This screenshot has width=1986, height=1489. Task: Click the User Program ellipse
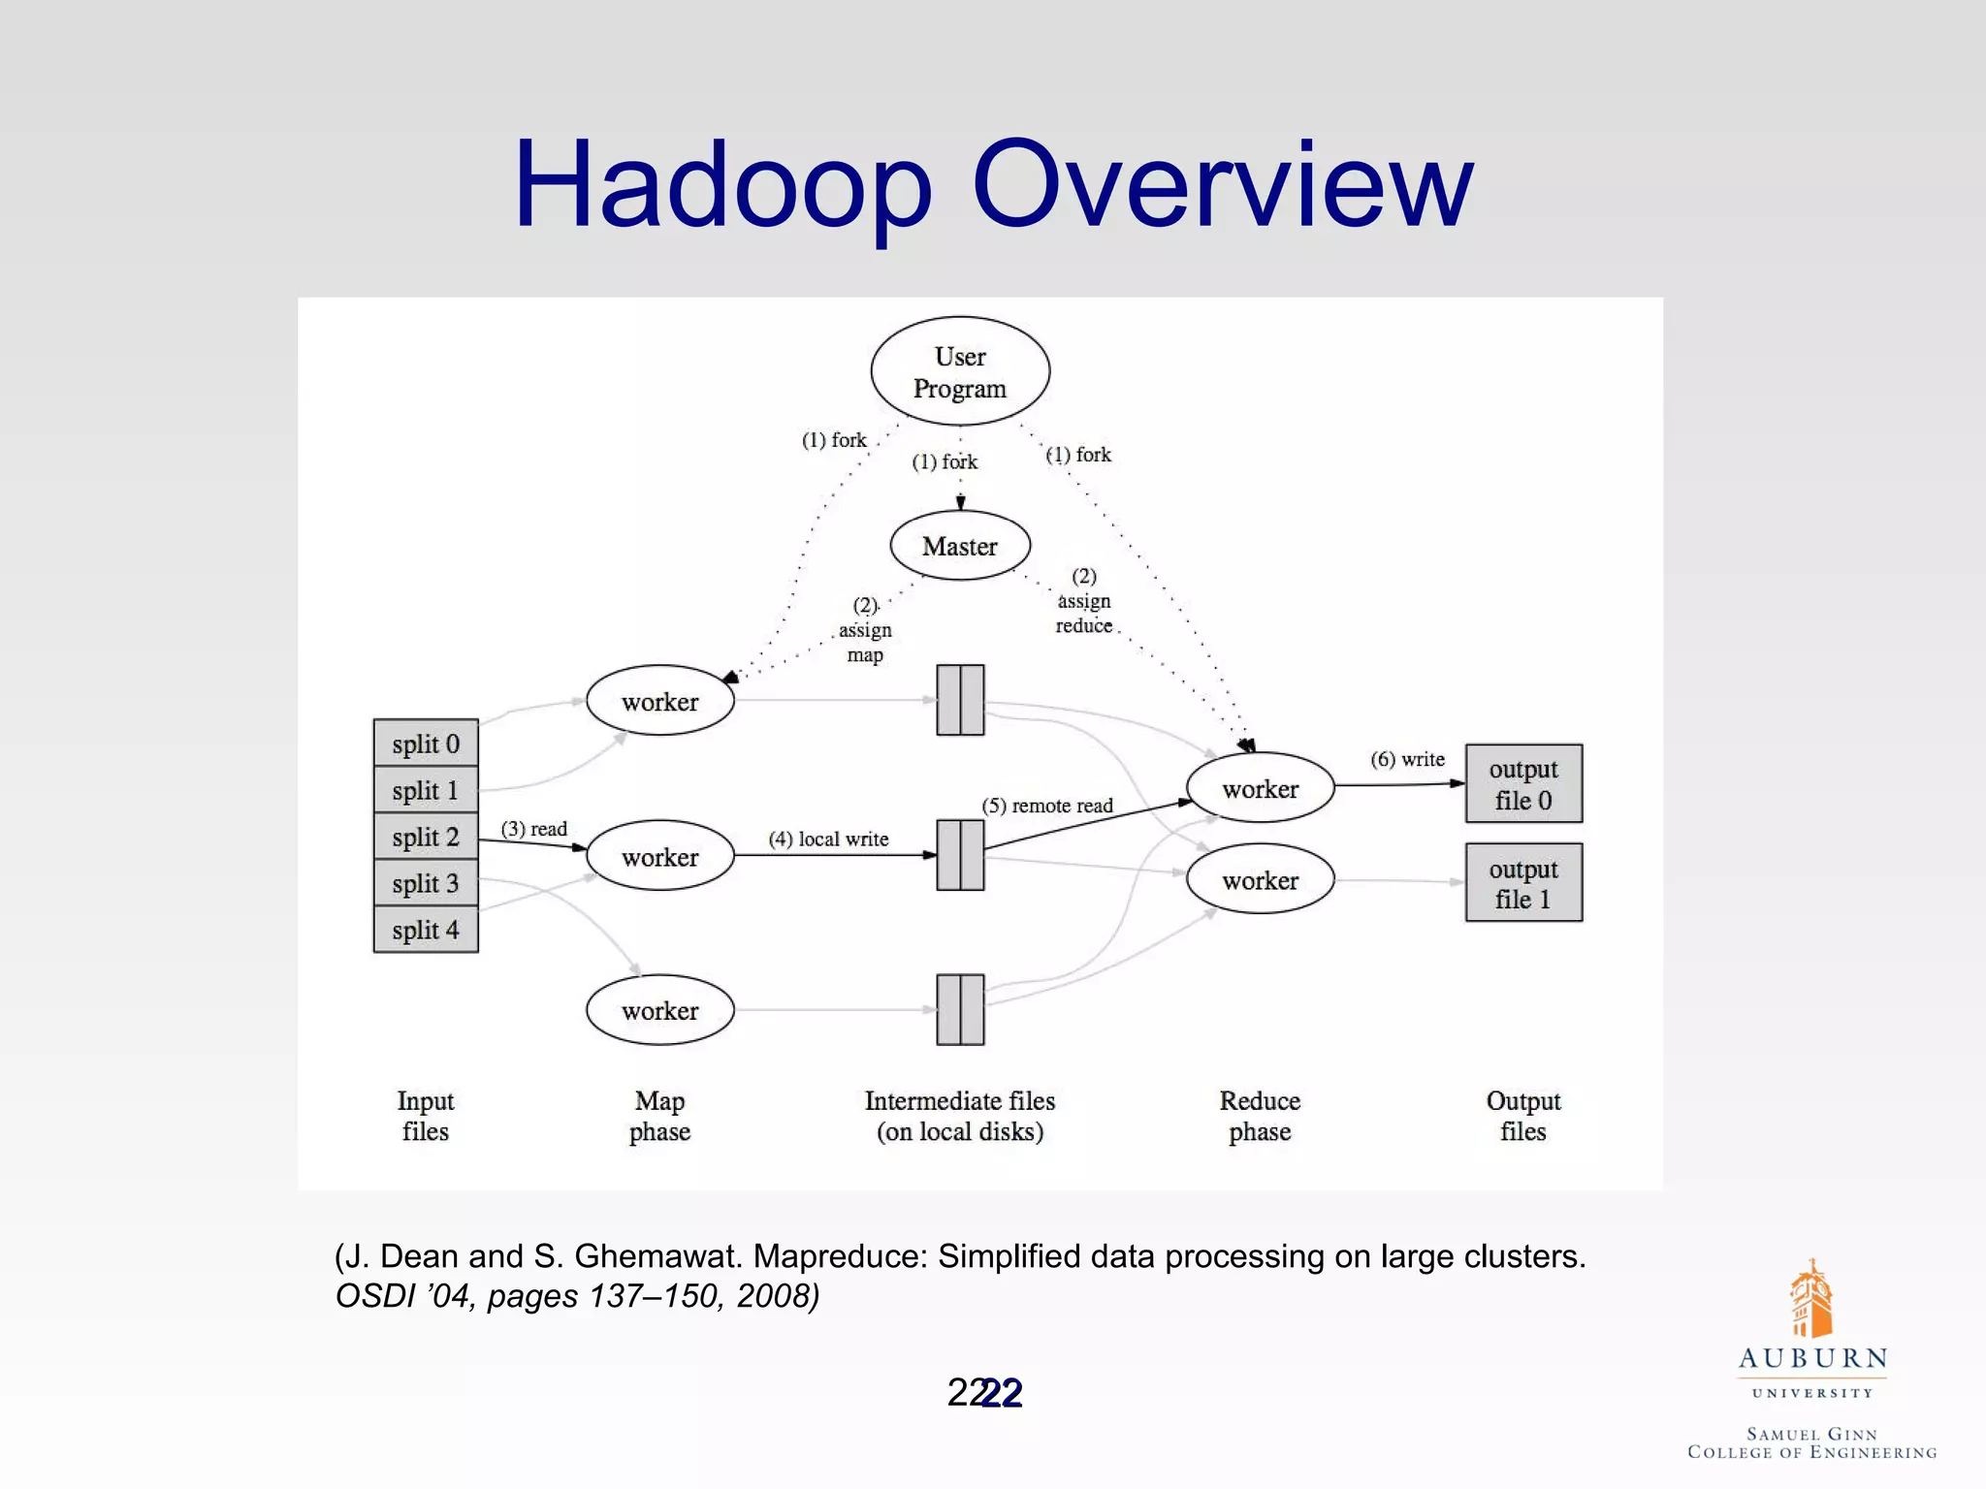[x=960, y=371]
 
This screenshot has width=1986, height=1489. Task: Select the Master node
[x=960, y=546]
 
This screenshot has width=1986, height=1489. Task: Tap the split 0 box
[x=426, y=744]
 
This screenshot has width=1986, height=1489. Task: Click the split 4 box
[x=426, y=930]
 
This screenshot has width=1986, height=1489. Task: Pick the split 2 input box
[x=426, y=837]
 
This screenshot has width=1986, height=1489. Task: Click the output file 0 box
[x=1523, y=784]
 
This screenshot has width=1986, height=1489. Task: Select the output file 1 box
[x=1523, y=883]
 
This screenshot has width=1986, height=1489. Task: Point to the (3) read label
[x=533, y=829]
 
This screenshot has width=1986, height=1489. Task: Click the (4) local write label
[x=828, y=839]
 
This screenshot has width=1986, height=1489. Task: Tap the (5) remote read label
[x=1047, y=806]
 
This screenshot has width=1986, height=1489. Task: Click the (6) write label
[x=1407, y=759]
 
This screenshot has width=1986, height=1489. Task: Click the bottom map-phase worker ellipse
[x=659, y=1010]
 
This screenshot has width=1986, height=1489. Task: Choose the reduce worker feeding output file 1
[x=1260, y=880]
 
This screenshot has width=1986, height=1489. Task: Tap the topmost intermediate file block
[x=960, y=700]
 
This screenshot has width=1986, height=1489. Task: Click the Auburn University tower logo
[x=1810, y=1299]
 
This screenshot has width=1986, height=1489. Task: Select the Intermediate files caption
[x=960, y=1116]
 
